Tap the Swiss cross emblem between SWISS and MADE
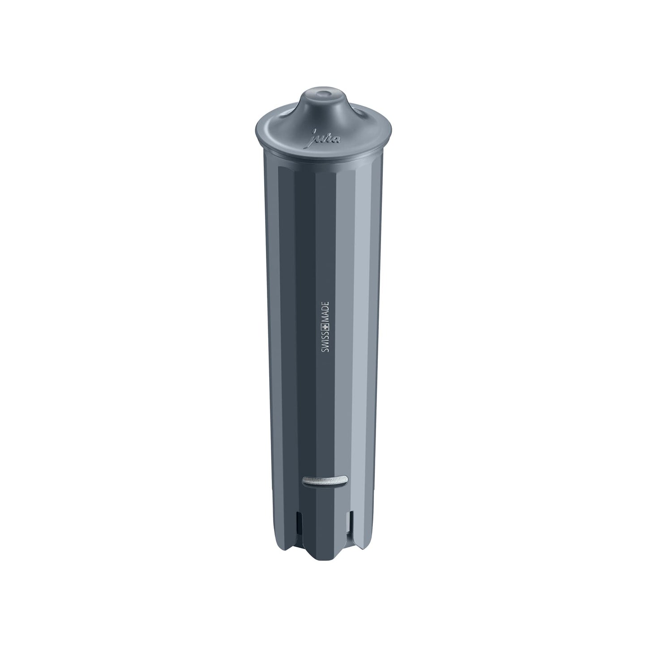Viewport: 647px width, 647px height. pos(326,332)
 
